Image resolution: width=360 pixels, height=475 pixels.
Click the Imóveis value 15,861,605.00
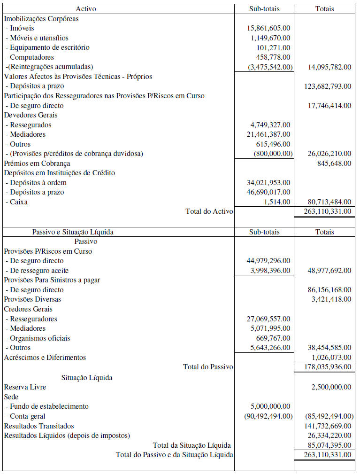[268, 28]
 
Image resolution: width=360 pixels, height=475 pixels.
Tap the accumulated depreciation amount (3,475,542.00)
[270, 67]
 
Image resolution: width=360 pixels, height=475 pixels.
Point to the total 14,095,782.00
[329, 67]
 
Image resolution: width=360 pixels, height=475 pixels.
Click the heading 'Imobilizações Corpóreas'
[41, 19]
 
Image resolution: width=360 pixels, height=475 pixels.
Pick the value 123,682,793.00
[328, 86]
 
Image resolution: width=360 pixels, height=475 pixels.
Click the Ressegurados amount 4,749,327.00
[270, 125]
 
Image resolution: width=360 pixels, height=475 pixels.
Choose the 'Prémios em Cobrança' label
[37, 163]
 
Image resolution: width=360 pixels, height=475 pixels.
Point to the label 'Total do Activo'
[209, 211]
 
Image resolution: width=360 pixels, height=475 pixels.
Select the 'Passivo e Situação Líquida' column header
[73, 232]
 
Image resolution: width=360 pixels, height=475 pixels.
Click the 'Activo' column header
[86, 9]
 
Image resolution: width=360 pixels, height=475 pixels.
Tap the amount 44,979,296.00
[268, 260]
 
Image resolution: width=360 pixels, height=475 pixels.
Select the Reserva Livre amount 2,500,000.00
[331, 387]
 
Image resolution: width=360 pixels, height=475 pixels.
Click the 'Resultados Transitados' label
[39, 426]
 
